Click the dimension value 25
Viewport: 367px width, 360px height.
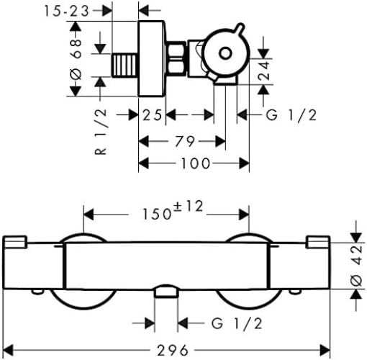[x=151, y=115]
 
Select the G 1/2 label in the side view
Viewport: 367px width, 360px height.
[x=291, y=115]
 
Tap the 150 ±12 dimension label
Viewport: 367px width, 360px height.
[x=168, y=213]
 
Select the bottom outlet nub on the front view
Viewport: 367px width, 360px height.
[x=166, y=289]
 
